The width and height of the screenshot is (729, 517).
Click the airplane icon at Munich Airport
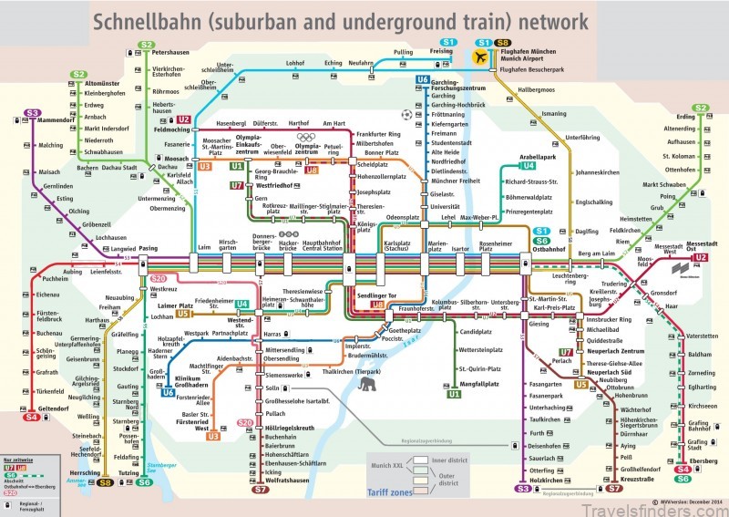click(481, 57)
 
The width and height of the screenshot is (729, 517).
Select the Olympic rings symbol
click(305, 138)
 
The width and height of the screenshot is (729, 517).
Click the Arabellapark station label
click(537, 157)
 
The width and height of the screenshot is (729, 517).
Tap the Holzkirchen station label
click(549, 479)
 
